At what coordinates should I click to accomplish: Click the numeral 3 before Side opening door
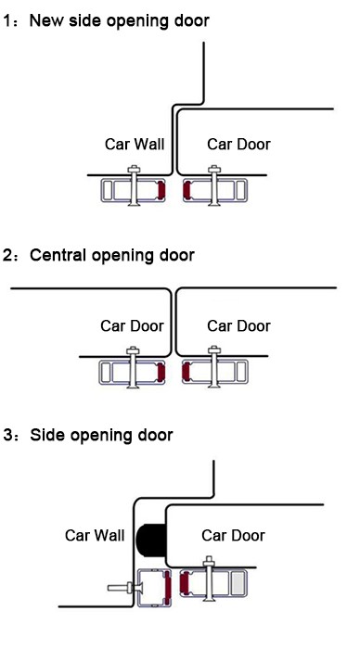[x=8, y=434]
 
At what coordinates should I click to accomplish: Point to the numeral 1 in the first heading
[x=8, y=19]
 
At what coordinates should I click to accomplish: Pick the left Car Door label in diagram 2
[x=132, y=325]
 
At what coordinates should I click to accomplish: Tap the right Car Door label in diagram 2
[x=238, y=325]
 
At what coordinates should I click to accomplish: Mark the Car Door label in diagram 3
[x=233, y=535]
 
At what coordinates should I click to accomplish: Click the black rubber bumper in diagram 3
[x=149, y=538]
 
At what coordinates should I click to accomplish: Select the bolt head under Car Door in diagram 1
[x=216, y=169]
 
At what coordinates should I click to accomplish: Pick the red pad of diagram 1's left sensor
[x=162, y=191]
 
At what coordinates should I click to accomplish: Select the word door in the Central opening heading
[x=174, y=255]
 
